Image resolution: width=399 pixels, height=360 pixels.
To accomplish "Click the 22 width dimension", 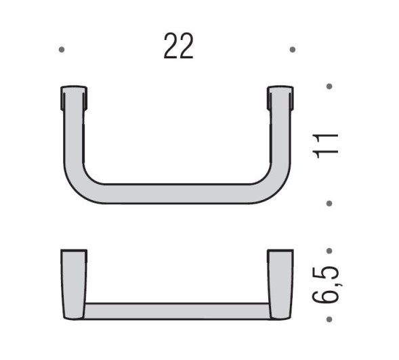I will [178, 46].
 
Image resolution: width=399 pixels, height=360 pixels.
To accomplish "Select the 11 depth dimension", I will [327, 144].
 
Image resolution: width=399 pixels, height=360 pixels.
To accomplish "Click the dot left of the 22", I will [62, 49].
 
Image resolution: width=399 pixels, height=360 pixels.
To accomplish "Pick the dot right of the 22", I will [292, 49].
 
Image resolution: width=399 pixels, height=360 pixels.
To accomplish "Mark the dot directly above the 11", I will [329, 86].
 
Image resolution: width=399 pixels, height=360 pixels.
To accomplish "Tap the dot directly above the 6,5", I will [329, 250].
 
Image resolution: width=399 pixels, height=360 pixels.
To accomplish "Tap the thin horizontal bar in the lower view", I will [177, 311].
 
